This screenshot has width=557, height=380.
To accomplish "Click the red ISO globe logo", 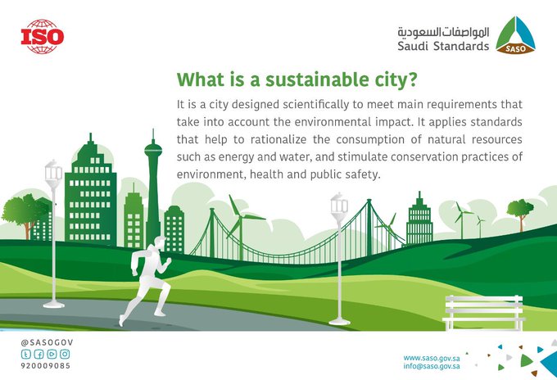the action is click(43, 37).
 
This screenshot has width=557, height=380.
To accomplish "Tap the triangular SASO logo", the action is click(515, 35).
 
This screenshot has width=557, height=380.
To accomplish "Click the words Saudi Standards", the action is click(443, 46).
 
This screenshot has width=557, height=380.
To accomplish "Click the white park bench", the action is click(484, 313).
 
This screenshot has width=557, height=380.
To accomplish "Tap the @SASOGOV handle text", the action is click(47, 342).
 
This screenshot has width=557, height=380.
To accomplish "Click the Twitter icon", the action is click(26, 354).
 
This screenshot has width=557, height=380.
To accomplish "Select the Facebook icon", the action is click(38, 354).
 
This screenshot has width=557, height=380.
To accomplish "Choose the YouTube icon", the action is click(52, 354).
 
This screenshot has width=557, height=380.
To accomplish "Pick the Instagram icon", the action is click(65, 354).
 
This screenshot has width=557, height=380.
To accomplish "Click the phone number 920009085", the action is click(46, 366).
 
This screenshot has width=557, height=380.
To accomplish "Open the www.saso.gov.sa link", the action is click(432, 358).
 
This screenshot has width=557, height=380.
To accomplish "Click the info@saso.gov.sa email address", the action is click(432, 366).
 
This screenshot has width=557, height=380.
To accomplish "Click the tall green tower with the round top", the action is click(153, 188).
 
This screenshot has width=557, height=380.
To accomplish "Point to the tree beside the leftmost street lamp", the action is click(24, 214).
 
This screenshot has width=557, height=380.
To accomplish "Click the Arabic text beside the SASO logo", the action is click(443, 32).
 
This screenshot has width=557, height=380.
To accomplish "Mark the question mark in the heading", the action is click(412, 79).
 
